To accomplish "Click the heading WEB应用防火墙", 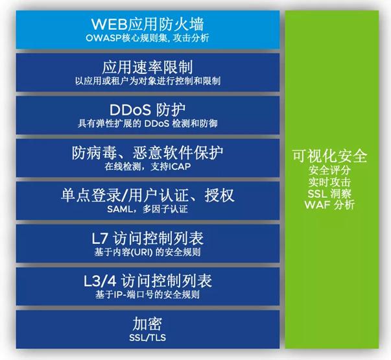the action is click(148, 24).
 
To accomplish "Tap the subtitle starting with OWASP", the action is click(147, 38).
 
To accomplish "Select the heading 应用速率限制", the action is click(147, 67).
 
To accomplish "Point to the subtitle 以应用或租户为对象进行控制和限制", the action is click(148, 81).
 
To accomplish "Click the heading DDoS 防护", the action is click(147, 110).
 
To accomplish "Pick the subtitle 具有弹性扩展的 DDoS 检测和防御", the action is click(147, 123).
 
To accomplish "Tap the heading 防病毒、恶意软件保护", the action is click(147, 152).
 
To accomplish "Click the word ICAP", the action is click(180, 167).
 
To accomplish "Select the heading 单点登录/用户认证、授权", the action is click(148, 195).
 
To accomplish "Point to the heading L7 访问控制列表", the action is click(148, 238).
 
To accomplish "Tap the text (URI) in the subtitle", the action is click(143, 252).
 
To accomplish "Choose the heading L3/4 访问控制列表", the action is click(148, 281).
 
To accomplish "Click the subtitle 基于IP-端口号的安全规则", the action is click(147, 295).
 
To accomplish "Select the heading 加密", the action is click(147, 324).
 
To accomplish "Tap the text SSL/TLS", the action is click(147, 337).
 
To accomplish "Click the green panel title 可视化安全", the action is click(329, 156).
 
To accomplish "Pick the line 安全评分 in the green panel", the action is click(329, 170).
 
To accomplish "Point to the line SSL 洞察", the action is click(329, 193).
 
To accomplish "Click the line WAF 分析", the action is click(329, 204).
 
